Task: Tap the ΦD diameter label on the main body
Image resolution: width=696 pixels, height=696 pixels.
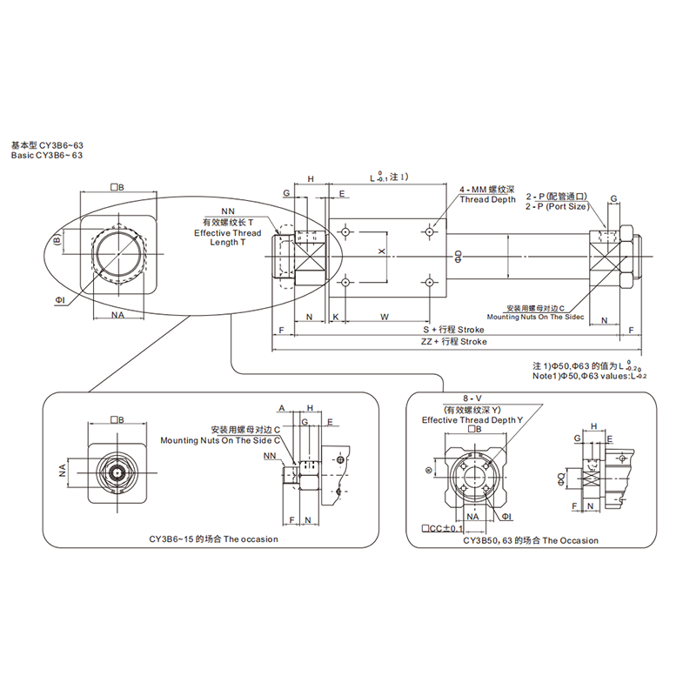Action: pos(458,256)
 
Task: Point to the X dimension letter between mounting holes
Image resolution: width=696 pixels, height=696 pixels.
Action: pos(381,251)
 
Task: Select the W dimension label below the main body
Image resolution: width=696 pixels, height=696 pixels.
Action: pos(384,317)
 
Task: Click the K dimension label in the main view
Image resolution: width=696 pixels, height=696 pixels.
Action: pos(336,317)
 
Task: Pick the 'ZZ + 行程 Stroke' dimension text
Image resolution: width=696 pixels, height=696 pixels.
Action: pos(453,342)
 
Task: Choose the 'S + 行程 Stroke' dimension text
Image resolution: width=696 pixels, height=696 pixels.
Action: pos(453,331)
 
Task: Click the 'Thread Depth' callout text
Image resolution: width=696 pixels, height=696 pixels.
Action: pos(487,199)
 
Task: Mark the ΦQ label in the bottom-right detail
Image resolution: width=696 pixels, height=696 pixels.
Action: pos(561,476)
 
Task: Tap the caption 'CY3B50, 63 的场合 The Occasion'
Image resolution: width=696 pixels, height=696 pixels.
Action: pos(531,540)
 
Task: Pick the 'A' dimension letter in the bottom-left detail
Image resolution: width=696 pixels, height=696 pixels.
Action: pos(282,407)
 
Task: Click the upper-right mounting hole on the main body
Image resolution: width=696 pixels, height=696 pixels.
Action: pos(431,231)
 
